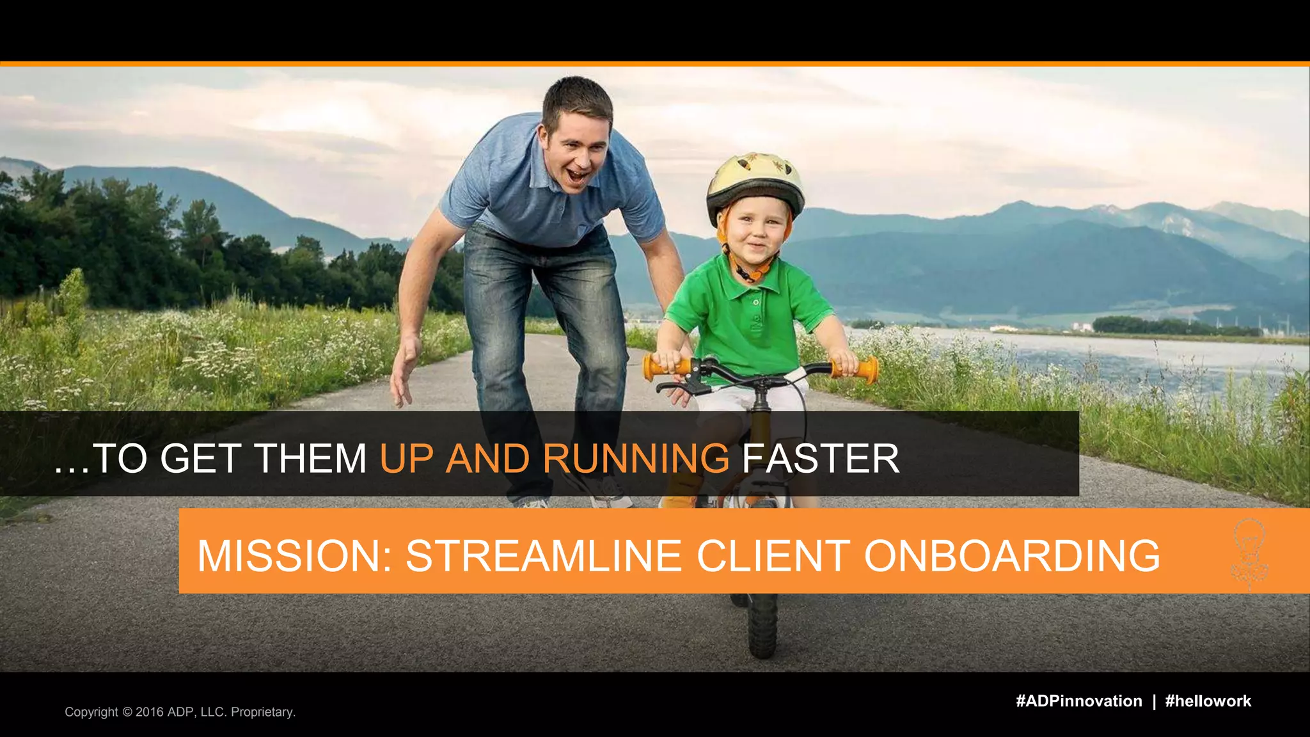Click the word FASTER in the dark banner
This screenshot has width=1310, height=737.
[820, 458]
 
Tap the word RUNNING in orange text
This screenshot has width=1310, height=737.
[636, 458]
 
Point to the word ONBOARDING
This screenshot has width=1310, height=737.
[1012, 555]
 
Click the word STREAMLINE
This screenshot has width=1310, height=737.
[544, 555]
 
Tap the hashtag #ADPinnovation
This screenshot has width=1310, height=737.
[1078, 701]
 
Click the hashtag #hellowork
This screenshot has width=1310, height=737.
[1208, 701]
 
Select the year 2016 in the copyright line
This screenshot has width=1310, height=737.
[150, 712]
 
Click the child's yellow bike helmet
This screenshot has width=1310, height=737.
[755, 182]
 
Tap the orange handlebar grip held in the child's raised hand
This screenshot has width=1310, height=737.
[860, 371]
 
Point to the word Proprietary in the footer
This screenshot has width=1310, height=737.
[262, 712]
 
